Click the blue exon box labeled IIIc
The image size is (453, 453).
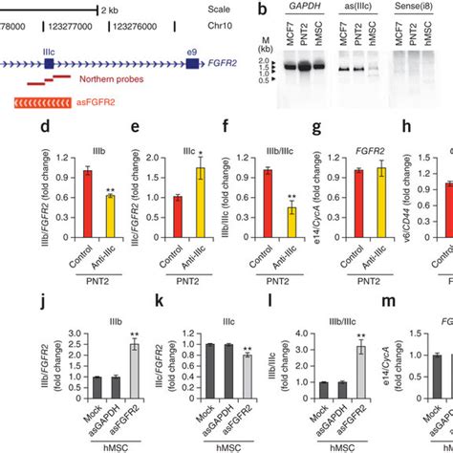pos(49,64)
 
